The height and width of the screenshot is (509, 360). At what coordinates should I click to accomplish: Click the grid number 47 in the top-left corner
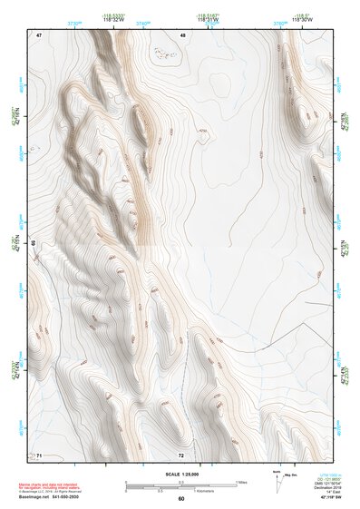coord(39,34)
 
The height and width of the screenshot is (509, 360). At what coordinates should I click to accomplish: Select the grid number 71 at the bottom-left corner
coord(38,455)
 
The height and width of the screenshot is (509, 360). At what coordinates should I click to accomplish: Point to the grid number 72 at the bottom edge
coord(181,455)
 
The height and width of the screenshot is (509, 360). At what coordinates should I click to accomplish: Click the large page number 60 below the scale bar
coord(181,498)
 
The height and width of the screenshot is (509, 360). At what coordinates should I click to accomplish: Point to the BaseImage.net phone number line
coord(49,496)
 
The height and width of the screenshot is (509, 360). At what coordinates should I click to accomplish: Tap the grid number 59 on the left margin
coord(34,244)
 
